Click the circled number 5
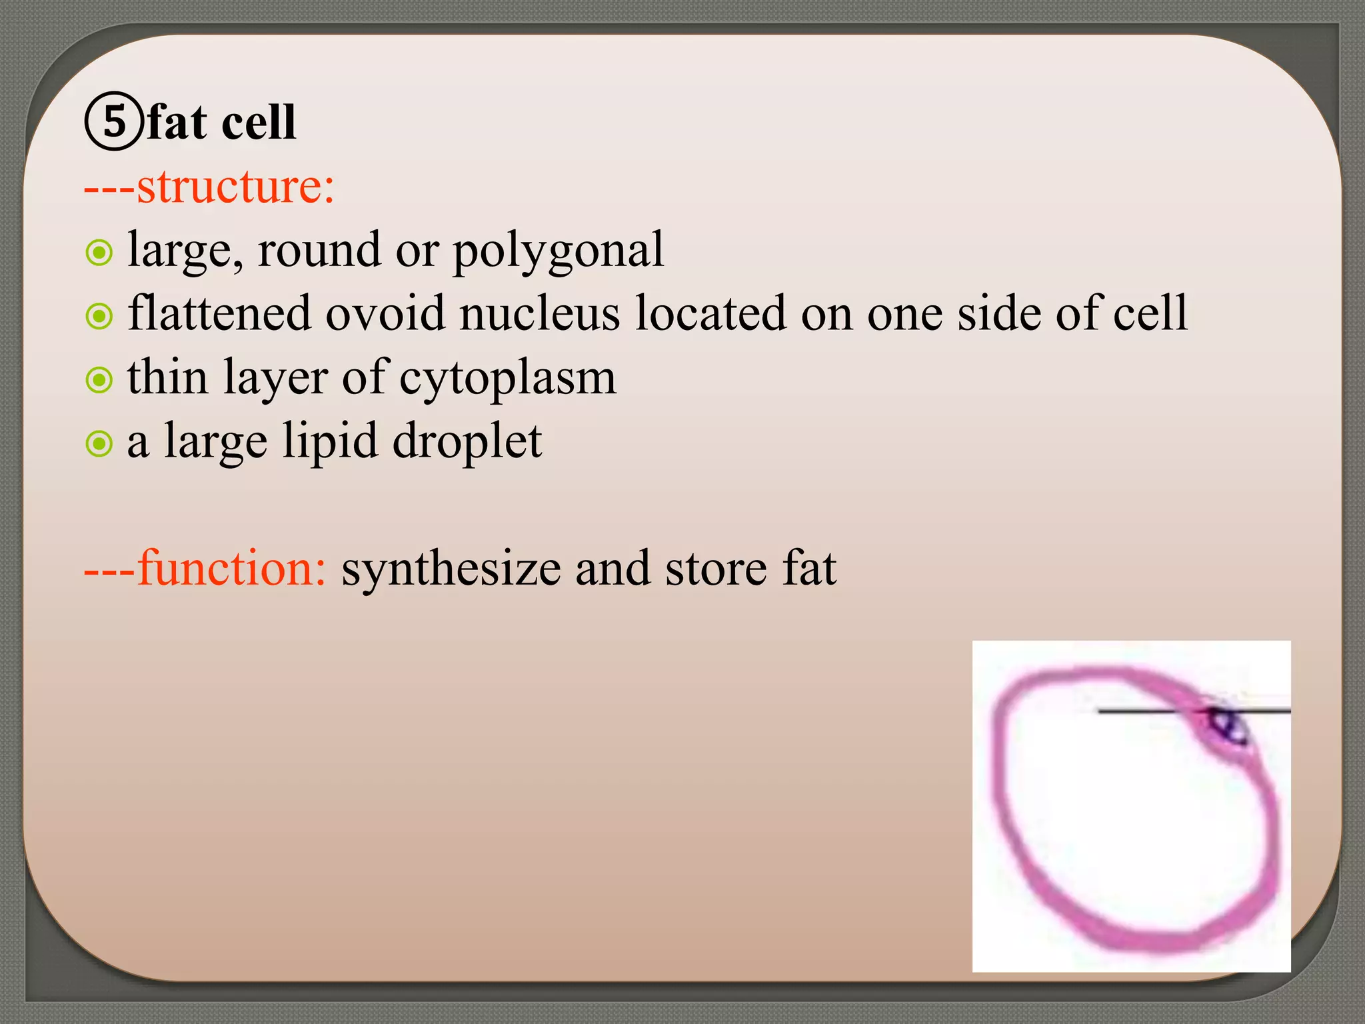pos(114,121)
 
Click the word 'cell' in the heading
pos(258,123)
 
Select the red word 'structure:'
pos(235,186)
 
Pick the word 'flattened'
pos(219,313)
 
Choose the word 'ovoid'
pos(385,313)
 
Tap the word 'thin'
pos(167,377)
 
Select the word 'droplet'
pos(467,442)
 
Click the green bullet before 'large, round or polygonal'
pos(99,253)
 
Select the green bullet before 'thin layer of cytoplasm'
pos(99,380)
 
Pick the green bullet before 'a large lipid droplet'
pos(99,443)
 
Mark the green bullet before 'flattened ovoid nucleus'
pos(99,316)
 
